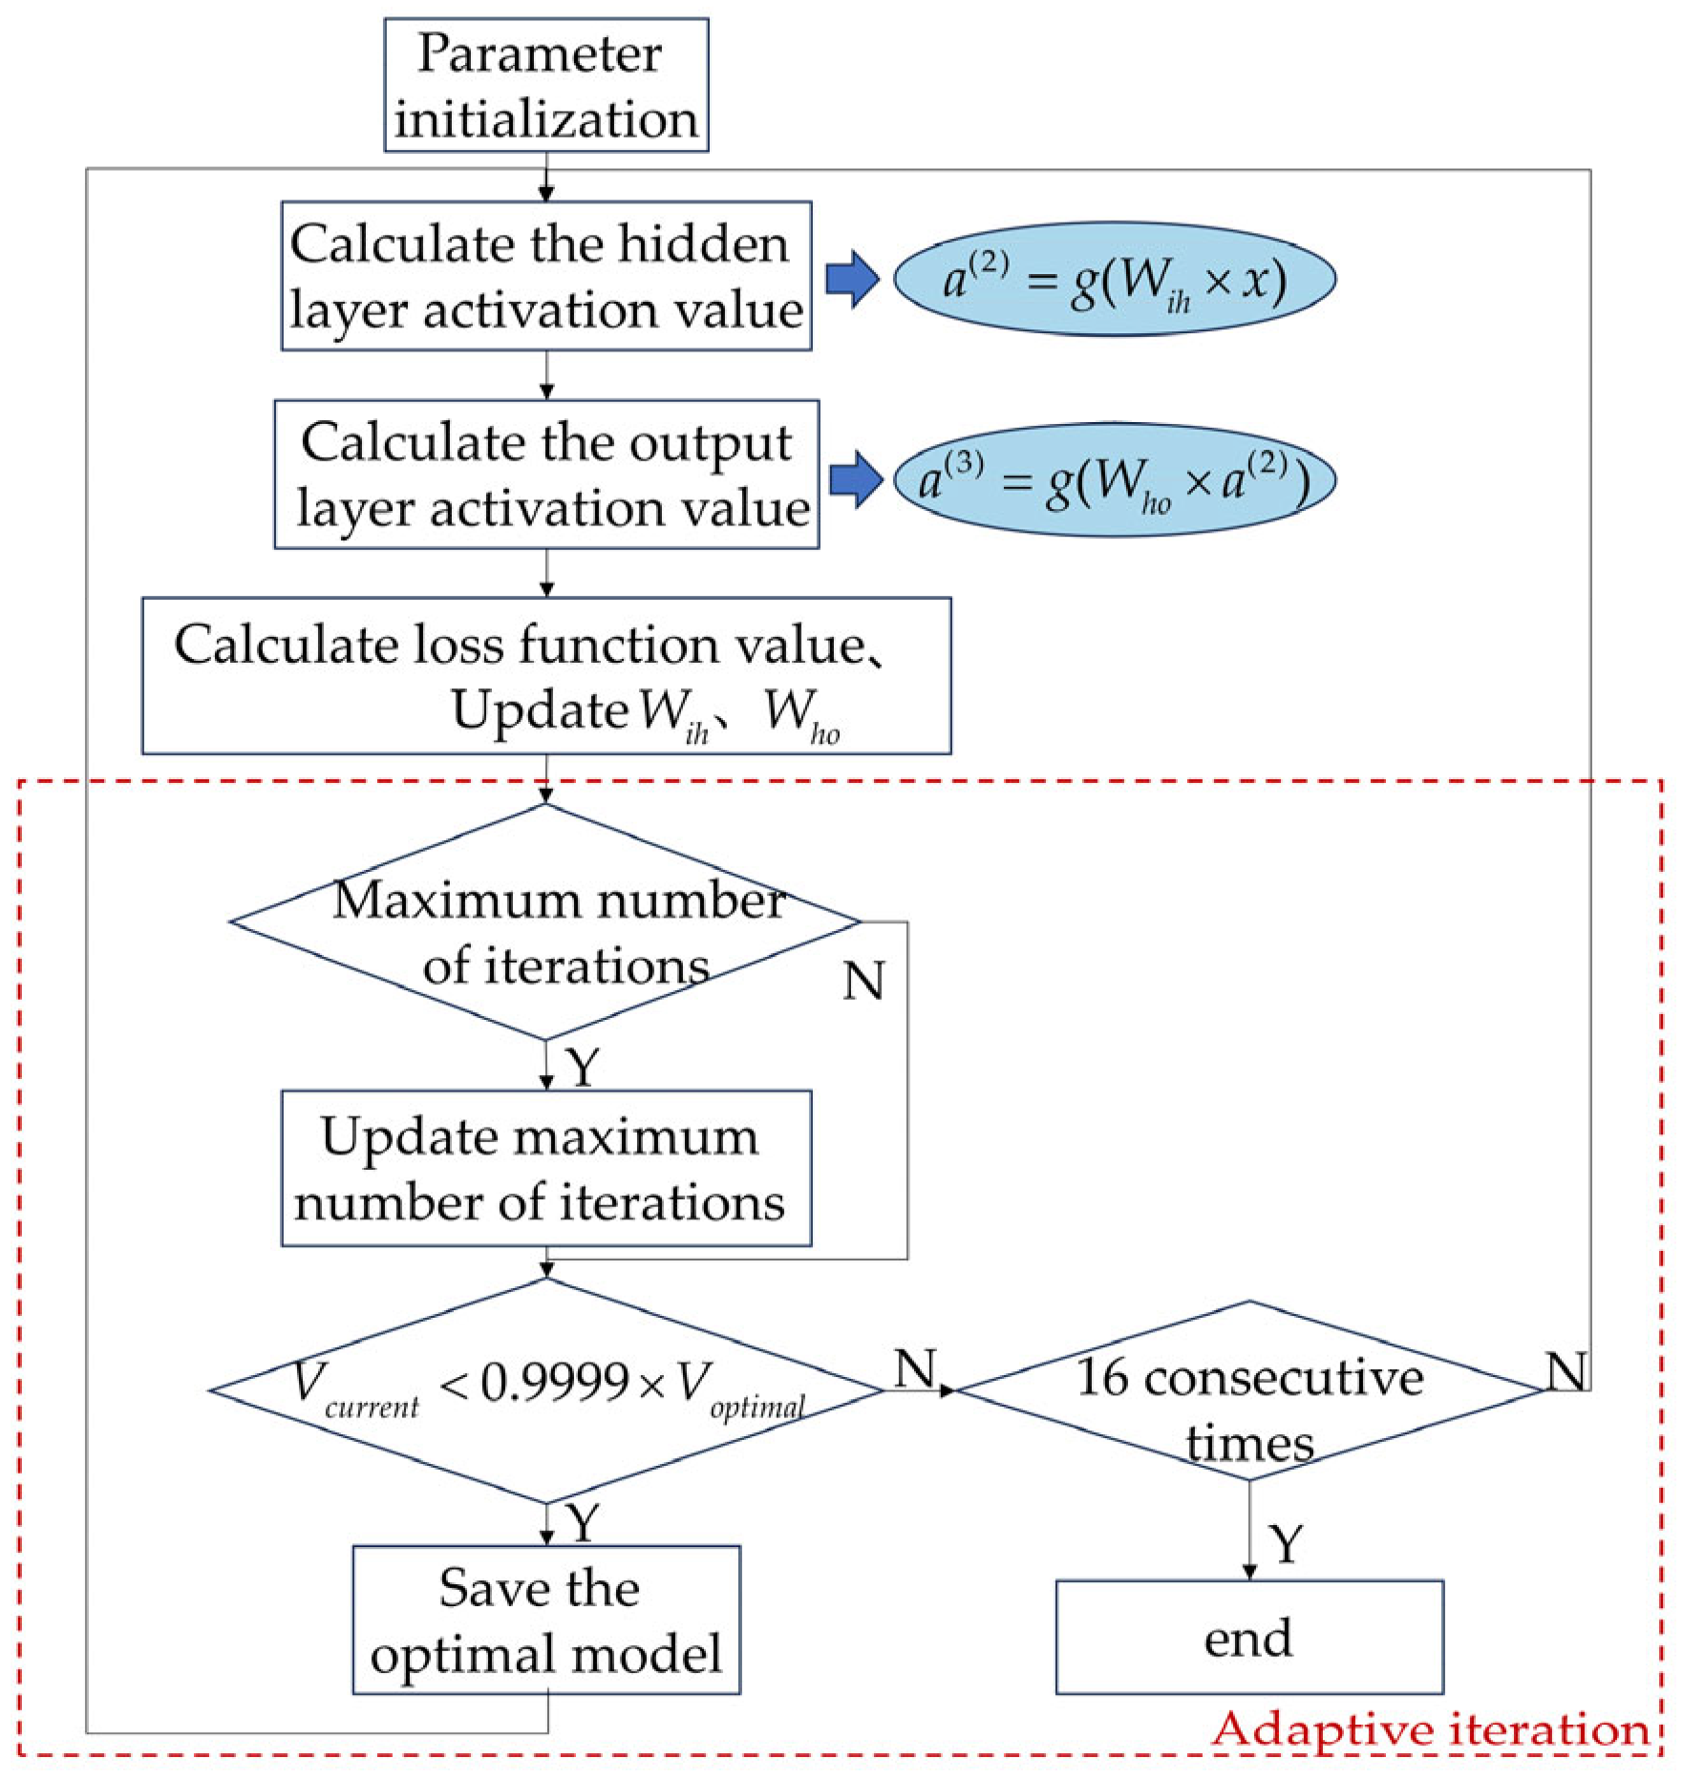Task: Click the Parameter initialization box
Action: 545,85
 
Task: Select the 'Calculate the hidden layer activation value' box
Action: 545,276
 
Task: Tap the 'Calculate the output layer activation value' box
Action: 545,475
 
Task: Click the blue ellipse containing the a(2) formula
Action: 1114,279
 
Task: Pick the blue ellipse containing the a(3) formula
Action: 1114,479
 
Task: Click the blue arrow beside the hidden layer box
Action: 851,279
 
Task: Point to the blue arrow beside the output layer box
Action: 855,479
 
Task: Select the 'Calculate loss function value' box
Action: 545,676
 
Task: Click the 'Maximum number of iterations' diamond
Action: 545,922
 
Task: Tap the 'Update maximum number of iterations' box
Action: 545,1169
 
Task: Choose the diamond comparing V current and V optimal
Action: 545,1390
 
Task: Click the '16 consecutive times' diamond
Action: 1249,1390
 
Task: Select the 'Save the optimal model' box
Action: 545,1621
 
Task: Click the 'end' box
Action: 1248,1638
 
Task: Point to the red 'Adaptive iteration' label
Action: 1430,1729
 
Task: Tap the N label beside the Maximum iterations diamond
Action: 863,981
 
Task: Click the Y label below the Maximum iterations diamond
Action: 583,1066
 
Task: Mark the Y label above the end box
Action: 1286,1544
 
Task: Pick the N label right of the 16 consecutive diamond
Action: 1566,1371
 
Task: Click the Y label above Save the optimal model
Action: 583,1522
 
